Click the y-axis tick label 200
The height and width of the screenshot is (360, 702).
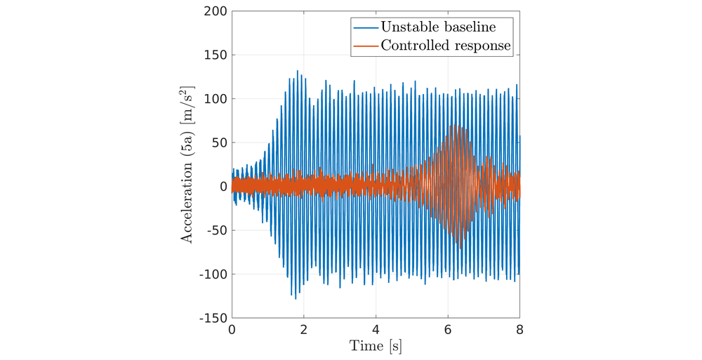coord(216,11)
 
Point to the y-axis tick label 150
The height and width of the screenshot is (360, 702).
coord(216,55)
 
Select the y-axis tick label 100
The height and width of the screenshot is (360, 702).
coord(216,99)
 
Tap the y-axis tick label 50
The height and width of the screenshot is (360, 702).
coord(219,143)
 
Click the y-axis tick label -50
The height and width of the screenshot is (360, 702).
coord(217,231)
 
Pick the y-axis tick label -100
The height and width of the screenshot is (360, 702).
coord(213,274)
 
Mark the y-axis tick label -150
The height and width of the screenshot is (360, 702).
coord(213,319)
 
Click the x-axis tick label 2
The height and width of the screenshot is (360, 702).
coord(304,330)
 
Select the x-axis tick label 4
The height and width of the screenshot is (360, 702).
coord(376,330)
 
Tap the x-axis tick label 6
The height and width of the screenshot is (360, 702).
coord(448,330)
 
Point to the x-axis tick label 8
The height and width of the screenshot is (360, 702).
coord(519,330)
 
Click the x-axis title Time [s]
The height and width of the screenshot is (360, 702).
coord(376,346)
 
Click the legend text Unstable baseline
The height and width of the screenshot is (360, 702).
coord(438,27)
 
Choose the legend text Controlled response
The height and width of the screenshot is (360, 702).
coord(446,46)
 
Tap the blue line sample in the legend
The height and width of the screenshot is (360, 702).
coord(366,27)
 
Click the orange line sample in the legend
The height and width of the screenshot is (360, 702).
coord(366,46)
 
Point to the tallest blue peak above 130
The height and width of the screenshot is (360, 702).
coord(297,71)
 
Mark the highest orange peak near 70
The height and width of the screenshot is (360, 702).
coord(456,126)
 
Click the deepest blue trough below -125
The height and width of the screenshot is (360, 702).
coord(296,299)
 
